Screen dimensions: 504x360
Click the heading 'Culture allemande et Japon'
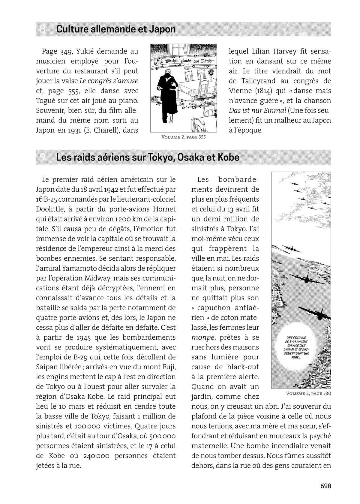116,29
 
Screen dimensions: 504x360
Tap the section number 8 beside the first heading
43,29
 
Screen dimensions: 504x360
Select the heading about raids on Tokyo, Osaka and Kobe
148,157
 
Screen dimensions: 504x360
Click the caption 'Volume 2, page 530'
308,393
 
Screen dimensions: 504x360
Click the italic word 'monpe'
203,337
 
